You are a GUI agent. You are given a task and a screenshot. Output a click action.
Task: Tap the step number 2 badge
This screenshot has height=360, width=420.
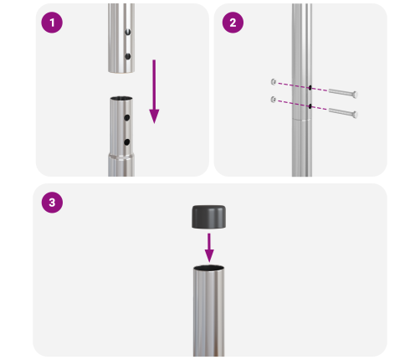(232, 23)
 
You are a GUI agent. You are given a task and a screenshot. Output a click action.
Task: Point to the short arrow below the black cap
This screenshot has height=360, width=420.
(209, 246)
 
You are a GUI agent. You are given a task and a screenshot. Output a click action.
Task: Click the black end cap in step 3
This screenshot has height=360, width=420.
(209, 217)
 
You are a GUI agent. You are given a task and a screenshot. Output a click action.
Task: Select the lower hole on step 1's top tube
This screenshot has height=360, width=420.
(127, 56)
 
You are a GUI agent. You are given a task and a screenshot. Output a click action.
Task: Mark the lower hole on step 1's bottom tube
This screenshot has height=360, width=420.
(127, 142)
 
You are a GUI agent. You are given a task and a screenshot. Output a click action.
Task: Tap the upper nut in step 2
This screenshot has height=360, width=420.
(274, 82)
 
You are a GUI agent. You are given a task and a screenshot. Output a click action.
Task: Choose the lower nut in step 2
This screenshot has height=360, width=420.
(274, 100)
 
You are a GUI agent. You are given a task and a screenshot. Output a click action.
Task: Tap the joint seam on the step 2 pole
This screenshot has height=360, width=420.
(301, 120)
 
